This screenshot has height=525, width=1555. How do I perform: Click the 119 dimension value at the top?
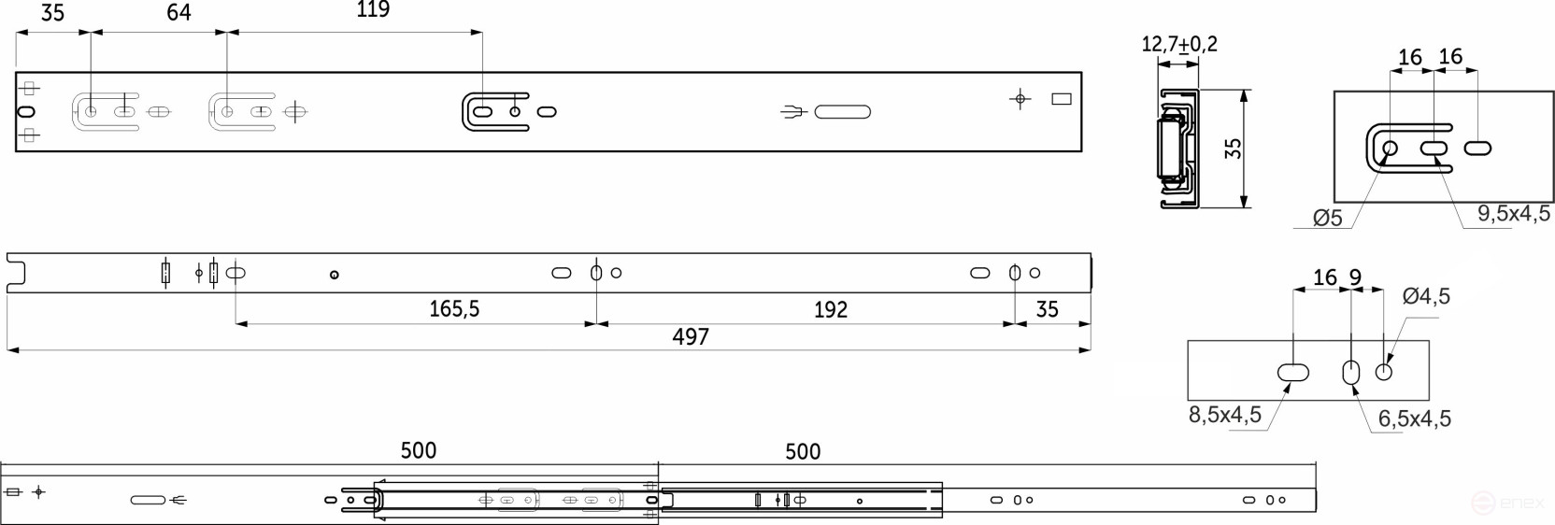click(x=373, y=10)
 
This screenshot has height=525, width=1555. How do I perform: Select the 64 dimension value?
click(x=178, y=12)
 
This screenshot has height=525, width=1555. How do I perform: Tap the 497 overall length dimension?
click(x=691, y=337)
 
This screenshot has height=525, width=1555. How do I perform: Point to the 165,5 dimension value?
click(x=454, y=309)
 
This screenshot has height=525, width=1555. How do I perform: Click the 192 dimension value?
click(x=830, y=309)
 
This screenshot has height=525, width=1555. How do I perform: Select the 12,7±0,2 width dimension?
click(x=1179, y=44)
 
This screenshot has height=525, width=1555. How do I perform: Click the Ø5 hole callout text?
click(x=1327, y=219)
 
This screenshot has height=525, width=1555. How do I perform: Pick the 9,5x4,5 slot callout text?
click(x=1513, y=214)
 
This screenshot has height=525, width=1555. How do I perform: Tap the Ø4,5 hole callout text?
click(x=1426, y=296)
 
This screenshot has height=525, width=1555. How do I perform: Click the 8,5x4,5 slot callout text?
click(x=1224, y=415)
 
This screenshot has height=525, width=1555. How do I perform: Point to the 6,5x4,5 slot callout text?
click(x=1415, y=419)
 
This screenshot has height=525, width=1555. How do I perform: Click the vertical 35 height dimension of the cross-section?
click(x=1234, y=149)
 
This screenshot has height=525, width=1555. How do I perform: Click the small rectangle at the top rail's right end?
click(x=1062, y=99)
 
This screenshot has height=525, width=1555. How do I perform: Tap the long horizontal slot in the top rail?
click(x=842, y=112)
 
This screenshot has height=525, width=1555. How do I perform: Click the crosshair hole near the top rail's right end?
click(x=1020, y=98)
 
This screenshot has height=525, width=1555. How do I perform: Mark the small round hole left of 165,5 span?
click(x=334, y=275)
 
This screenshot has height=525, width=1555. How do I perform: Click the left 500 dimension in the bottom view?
click(x=418, y=450)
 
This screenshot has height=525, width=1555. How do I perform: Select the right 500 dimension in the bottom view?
click(x=802, y=452)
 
